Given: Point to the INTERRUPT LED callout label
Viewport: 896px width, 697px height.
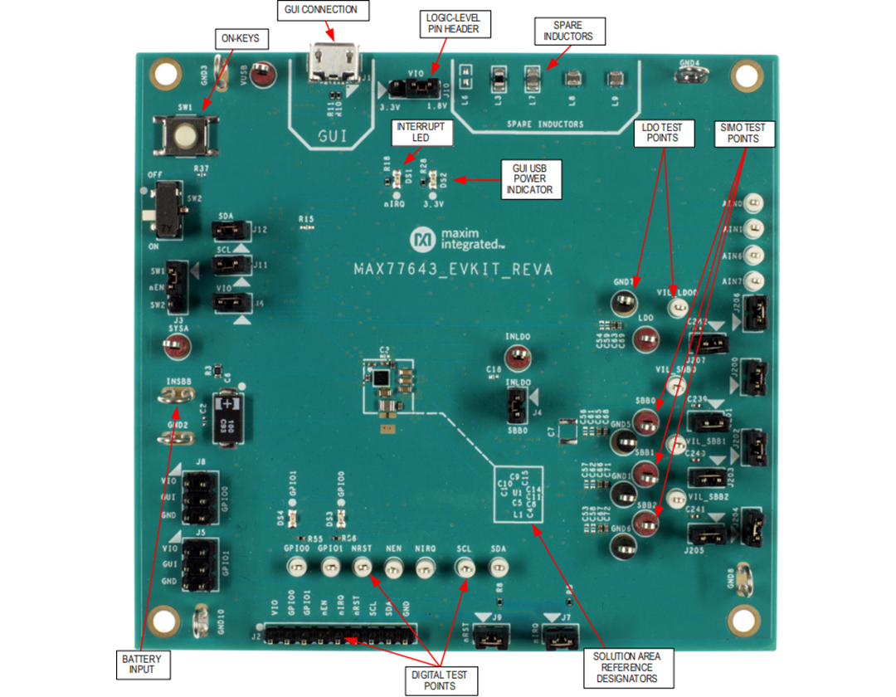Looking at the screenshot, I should tap(420, 132).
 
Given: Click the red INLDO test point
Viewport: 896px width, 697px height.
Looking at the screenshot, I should tap(519, 359).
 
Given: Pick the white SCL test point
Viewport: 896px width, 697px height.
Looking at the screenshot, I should tap(465, 568).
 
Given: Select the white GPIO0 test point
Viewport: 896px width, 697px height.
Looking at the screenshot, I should tap(295, 568).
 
